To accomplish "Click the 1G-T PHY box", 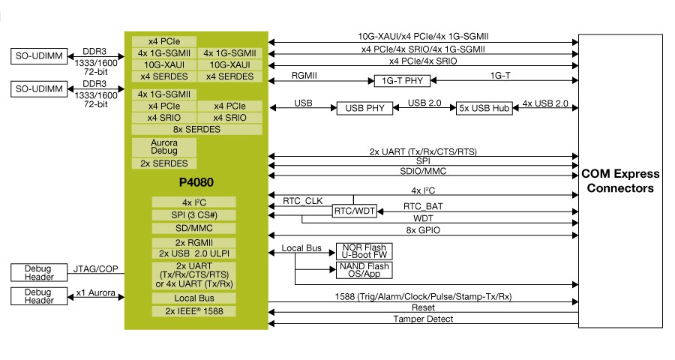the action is (402, 80).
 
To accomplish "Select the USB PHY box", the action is (364, 108).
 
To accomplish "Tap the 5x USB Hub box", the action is (484, 108).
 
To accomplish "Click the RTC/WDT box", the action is (355, 211).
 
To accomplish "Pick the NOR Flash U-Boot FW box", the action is (364, 251).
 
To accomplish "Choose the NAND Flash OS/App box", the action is (364, 270).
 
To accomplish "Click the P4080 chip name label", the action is (196, 182).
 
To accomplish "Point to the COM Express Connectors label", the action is (620, 181).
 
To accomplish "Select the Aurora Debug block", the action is (164, 147).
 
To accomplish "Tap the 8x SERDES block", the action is (196, 129).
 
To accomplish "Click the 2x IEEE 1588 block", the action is (193, 311).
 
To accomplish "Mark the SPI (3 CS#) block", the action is (193, 215).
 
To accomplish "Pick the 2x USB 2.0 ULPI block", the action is (193, 253).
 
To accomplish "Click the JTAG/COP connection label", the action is (95, 269).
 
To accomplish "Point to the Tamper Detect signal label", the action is (423, 319).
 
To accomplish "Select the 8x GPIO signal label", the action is (423, 230).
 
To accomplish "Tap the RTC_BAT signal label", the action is (423, 207).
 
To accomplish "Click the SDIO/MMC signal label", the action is (423, 172).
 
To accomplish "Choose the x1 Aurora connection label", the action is (95, 292).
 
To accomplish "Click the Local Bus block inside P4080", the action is (193, 298).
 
